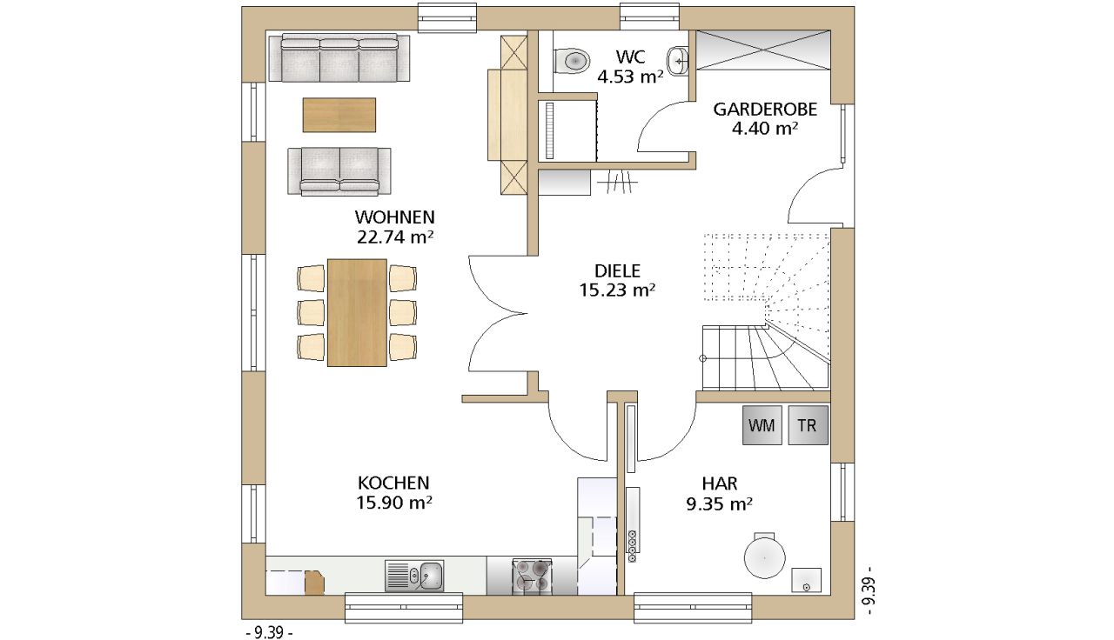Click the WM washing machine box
(762, 425)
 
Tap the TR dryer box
(809, 425)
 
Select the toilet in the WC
(572, 61)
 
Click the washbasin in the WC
(677, 61)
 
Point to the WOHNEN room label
(395, 217)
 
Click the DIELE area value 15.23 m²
(617, 290)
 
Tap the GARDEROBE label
(765, 110)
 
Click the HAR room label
(720, 483)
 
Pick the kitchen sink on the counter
(414, 577)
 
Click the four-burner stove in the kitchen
(532, 577)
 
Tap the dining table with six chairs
(357, 312)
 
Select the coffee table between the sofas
(339, 115)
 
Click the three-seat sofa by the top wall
(339, 57)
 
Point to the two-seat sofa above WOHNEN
(339, 171)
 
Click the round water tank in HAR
(764, 556)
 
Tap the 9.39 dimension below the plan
(269, 632)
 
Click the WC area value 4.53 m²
(631, 77)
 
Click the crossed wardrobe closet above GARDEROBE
(763, 50)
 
